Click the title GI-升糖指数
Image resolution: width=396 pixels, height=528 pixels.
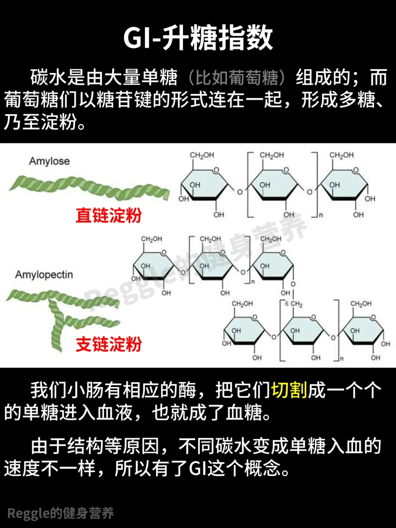[x=198, y=38]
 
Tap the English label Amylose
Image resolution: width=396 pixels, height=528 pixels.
[x=49, y=161]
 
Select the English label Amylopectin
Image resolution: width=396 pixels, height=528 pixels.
[x=44, y=275]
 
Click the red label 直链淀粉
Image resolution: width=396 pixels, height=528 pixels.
[x=109, y=215]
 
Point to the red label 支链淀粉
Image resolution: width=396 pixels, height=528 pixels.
[x=109, y=345]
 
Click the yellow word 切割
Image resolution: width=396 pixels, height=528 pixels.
[x=289, y=390]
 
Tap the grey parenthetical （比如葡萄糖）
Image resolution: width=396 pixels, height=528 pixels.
[x=236, y=78]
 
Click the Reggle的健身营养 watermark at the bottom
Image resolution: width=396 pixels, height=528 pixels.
[x=60, y=513]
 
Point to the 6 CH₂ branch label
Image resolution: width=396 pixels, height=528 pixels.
[x=294, y=304]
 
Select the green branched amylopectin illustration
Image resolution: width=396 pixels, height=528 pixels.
[x=62, y=315]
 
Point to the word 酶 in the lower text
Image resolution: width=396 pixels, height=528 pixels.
[x=188, y=390]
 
